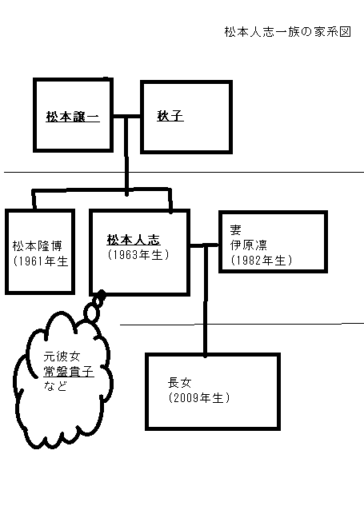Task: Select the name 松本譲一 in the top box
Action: click(x=72, y=117)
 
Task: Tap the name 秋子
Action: click(x=170, y=117)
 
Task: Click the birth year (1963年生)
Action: click(x=138, y=254)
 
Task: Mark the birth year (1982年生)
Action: click(x=261, y=261)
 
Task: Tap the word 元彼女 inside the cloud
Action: click(x=49, y=353)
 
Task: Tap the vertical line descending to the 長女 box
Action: click(x=206, y=304)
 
